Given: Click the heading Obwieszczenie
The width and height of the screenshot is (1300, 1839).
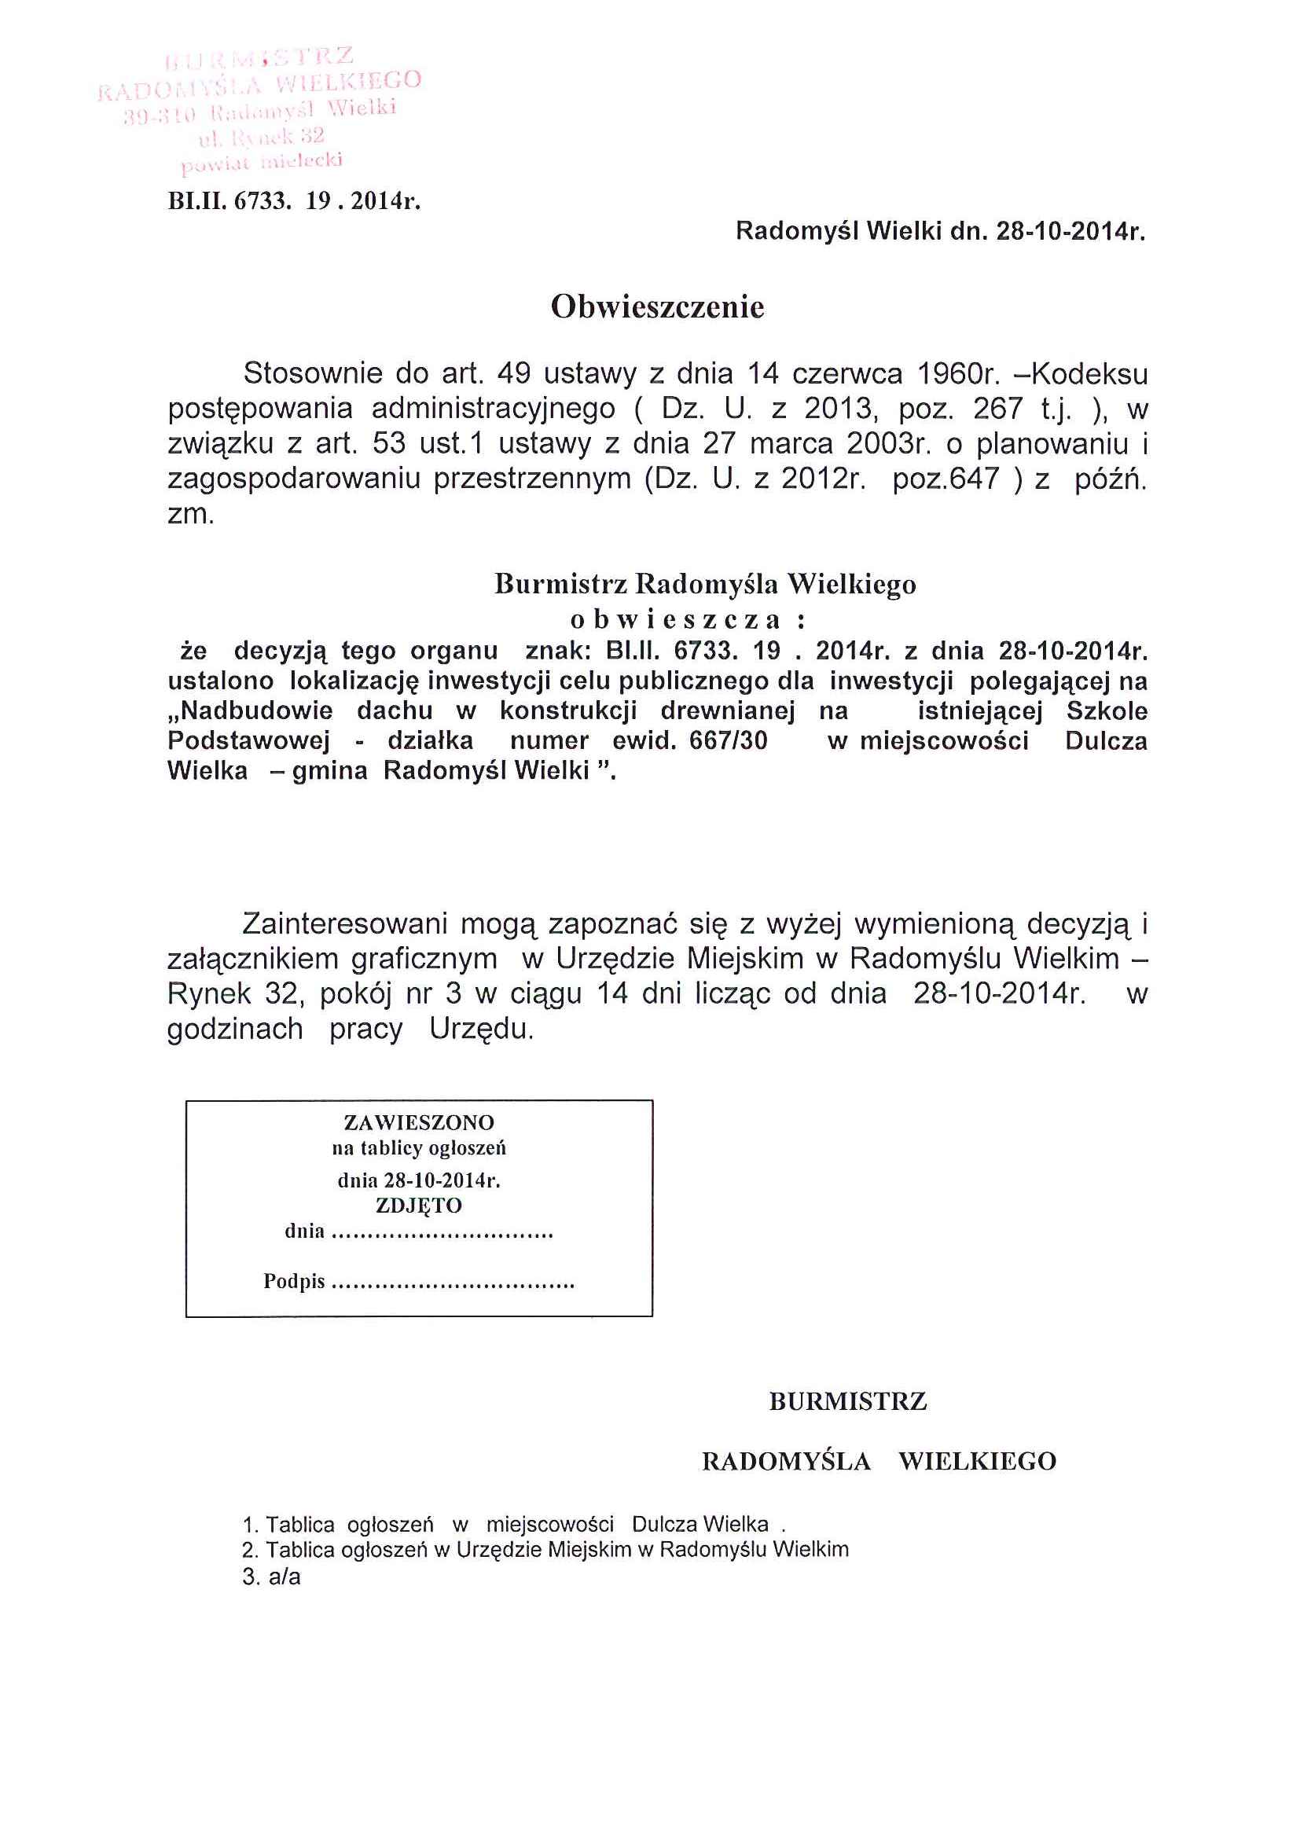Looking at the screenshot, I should (657, 307).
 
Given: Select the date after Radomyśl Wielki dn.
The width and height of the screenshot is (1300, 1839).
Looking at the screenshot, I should (1070, 233).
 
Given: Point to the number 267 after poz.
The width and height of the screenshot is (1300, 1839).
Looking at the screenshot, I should (997, 409).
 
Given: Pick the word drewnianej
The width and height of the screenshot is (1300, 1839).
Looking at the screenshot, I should (727, 711).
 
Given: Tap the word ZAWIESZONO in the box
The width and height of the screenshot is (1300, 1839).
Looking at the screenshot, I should (419, 1122).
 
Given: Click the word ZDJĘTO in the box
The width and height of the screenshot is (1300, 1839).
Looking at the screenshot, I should (419, 1206).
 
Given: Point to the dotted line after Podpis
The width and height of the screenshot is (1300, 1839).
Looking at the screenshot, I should (453, 1283).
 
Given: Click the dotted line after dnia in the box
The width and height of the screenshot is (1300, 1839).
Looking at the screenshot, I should (442, 1234).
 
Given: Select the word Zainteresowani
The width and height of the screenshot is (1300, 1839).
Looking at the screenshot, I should (343, 925).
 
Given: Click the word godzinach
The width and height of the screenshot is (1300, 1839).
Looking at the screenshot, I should (235, 1030).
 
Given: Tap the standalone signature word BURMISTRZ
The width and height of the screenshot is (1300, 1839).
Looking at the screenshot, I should (847, 1401).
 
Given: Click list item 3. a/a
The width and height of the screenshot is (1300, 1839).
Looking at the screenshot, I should (271, 1577).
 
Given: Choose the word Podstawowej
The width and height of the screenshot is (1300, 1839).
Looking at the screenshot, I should (248, 741).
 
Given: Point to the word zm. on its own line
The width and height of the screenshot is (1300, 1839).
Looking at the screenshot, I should (191, 514).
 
